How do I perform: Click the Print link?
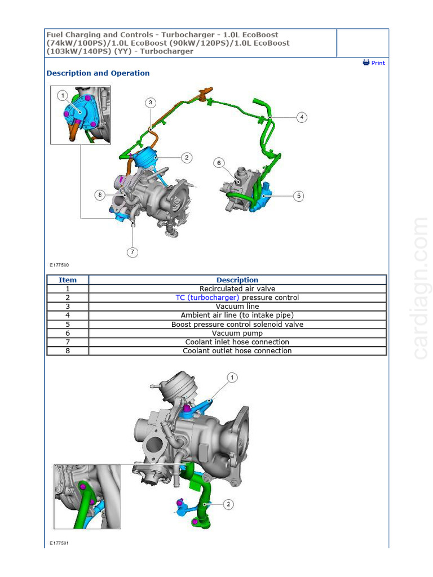click(374, 63)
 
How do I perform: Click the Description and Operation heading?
click(98, 73)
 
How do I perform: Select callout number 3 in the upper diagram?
click(151, 103)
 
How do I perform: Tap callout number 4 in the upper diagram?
click(302, 117)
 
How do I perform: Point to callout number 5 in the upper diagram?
click(298, 196)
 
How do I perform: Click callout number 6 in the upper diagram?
click(219, 163)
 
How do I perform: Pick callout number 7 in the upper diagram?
click(132, 252)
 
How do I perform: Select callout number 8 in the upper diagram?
click(100, 195)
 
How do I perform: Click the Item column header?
click(68, 280)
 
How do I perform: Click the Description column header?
click(237, 280)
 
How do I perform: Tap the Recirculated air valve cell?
click(237, 289)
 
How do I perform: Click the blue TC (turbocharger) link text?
click(207, 298)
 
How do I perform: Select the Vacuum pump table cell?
click(237, 333)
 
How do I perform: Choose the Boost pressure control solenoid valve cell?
click(237, 325)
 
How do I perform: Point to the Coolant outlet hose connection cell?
click(237, 351)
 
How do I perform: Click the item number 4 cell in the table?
click(68, 316)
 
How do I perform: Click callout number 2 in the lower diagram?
click(228, 504)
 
